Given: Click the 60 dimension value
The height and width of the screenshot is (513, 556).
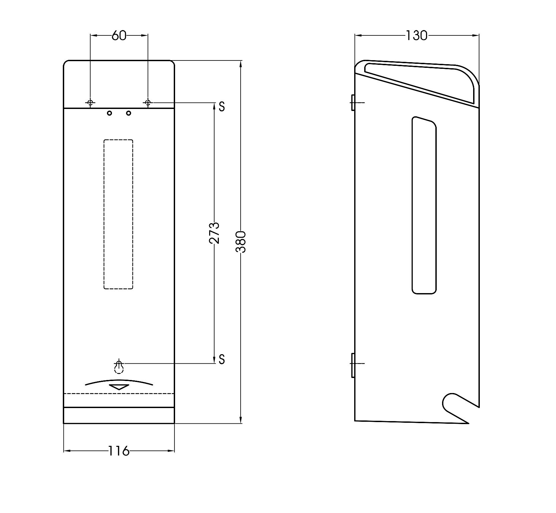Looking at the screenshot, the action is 119,35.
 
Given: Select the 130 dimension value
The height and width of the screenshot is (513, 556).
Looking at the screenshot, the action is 416,35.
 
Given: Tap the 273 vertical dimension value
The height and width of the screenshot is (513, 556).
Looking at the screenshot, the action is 214,233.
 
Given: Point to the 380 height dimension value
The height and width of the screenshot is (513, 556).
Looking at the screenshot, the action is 241,242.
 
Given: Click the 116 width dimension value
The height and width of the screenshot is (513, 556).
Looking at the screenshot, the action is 119,451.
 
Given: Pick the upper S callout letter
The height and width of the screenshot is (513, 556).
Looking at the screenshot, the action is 222,106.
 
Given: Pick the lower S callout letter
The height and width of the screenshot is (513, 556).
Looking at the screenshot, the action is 222,359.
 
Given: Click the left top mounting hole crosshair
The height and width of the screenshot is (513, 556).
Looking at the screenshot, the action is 90,102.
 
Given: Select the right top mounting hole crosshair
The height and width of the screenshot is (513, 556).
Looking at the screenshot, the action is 148,102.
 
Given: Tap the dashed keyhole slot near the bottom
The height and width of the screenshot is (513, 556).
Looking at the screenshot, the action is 119,366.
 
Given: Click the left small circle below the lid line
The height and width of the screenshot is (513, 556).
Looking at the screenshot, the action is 109,113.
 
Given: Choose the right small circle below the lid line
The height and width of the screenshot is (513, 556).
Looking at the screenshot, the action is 129,113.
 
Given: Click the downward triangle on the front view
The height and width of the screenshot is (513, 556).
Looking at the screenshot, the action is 119,387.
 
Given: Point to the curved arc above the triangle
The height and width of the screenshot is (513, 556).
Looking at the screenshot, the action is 119,380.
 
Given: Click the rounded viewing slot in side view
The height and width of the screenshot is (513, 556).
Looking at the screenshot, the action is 412,205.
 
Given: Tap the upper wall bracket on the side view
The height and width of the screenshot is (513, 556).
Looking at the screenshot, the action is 353,102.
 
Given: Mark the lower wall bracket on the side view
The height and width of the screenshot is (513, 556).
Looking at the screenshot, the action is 353,365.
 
